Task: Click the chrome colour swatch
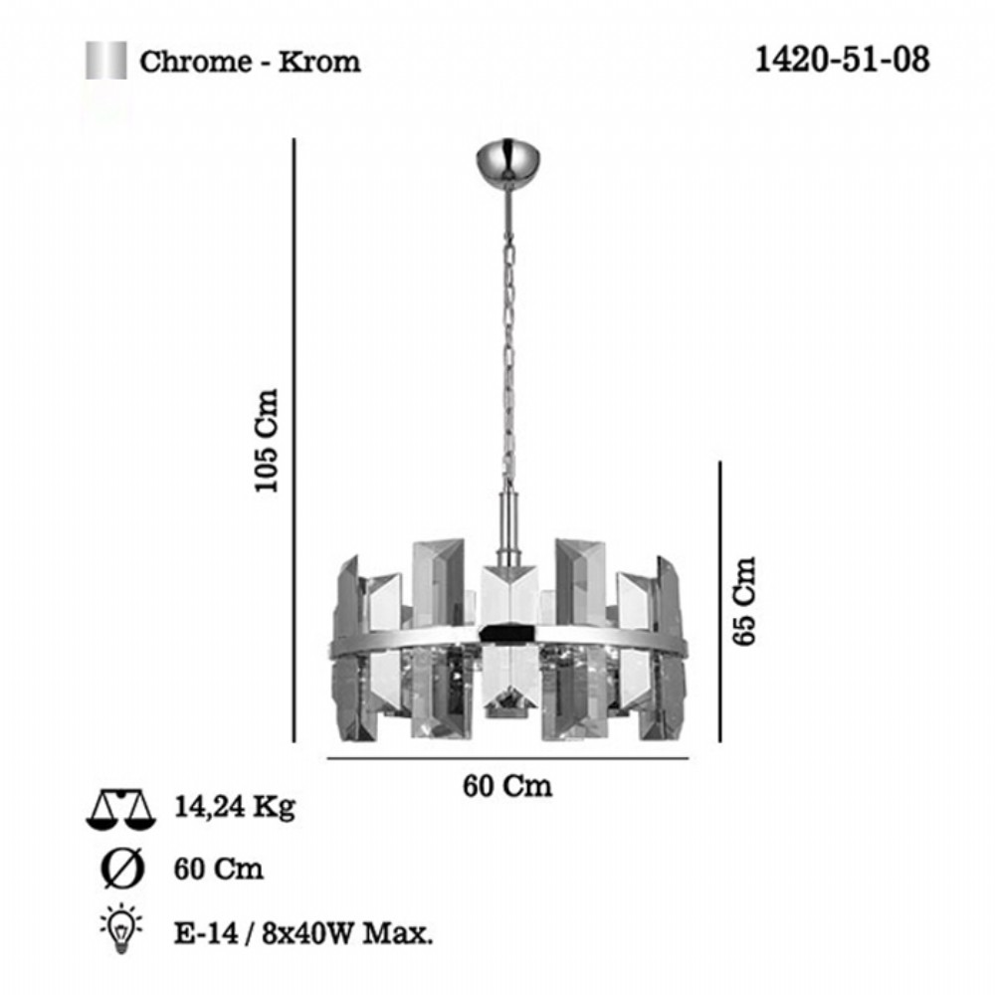pos(106,61)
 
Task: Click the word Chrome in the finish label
pos(196,62)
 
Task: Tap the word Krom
pos(319,62)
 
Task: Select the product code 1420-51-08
pos(842,60)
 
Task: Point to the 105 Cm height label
pos(267,440)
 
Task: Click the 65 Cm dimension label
pos(744,601)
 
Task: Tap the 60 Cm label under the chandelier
pos(507,786)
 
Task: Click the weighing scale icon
pos(120,809)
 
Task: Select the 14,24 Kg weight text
pos(235,807)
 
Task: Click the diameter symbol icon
pos(122,869)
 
